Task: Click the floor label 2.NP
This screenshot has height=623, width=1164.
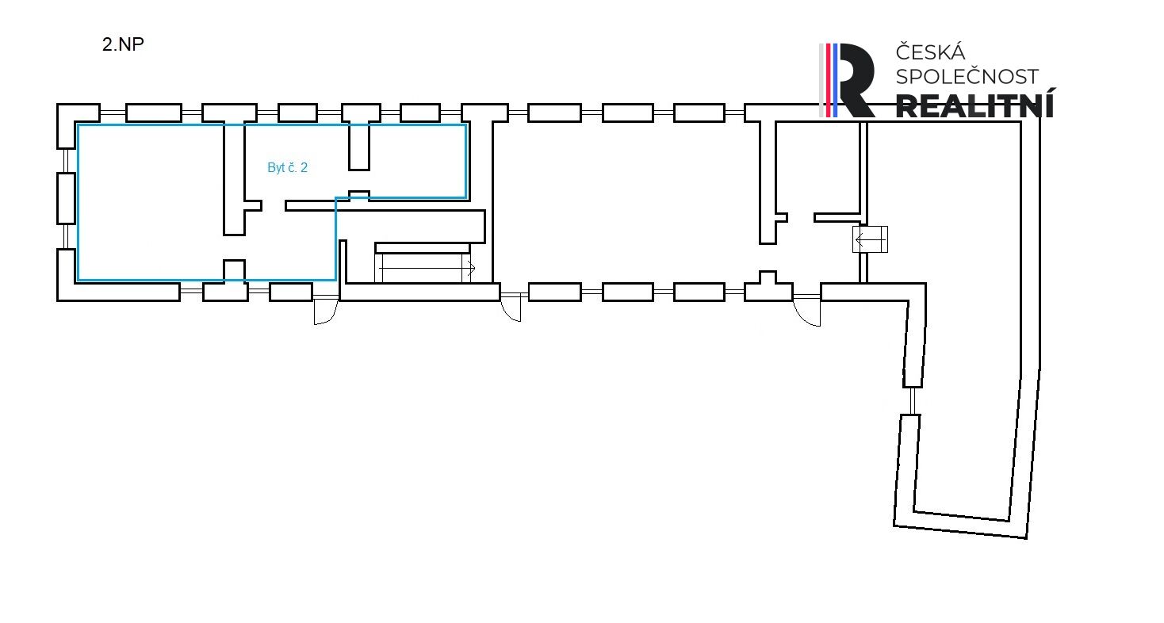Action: click(x=123, y=44)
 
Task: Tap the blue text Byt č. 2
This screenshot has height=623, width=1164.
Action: click(x=287, y=168)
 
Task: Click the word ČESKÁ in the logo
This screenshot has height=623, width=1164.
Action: click(x=930, y=53)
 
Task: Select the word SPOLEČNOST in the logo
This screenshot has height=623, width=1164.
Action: click(x=967, y=77)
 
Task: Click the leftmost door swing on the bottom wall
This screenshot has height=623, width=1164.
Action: click(x=326, y=311)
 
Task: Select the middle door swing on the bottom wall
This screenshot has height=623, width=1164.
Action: click(x=511, y=306)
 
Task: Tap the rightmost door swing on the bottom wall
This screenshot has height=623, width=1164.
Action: click(x=806, y=311)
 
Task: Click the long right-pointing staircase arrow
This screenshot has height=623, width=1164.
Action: click(x=426, y=269)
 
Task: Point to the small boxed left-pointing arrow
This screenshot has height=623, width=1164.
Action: click(x=869, y=239)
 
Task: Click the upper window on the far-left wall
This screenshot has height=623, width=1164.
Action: click(x=65, y=160)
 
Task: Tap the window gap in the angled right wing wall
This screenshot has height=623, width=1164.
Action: click(x=913, y=400)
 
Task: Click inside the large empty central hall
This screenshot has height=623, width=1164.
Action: click(x=618, y=202)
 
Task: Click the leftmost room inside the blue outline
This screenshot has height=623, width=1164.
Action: click(x=151, y=202)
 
